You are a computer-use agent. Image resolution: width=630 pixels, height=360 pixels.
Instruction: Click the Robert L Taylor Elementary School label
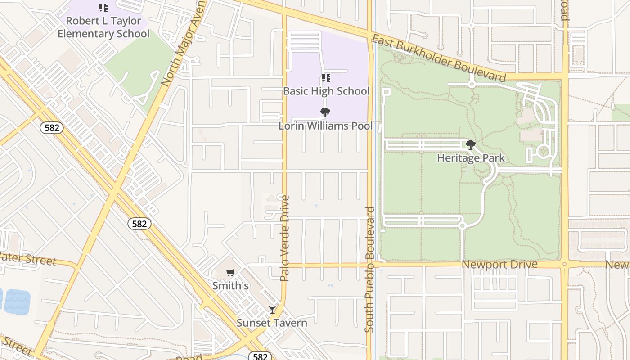103,27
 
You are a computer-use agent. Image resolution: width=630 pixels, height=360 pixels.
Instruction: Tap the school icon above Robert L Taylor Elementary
103,8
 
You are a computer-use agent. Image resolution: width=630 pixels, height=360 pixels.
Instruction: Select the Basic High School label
326,91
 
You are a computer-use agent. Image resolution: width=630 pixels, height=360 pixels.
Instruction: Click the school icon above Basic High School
326,78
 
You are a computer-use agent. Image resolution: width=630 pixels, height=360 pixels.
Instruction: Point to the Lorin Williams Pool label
325,126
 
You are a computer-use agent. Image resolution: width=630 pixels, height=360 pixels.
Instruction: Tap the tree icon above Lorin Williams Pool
325,112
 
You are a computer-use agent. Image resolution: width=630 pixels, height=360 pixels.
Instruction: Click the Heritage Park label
471,158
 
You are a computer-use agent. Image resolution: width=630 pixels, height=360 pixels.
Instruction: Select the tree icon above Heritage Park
471,145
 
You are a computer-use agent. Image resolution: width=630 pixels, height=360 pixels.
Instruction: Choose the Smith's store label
230,286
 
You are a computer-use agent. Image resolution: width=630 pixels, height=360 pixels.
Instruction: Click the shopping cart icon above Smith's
230,272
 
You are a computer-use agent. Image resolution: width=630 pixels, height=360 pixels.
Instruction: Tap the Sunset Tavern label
272,323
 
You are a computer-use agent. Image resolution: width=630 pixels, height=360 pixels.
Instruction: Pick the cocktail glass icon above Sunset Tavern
272,309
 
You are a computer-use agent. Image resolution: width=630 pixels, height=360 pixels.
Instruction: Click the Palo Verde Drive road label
284,238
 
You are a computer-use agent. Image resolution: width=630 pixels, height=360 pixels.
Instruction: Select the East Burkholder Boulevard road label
439,59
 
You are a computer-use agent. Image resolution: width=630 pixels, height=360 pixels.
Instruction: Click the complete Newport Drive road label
499,264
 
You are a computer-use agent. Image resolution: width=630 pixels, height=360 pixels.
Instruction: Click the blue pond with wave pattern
17,301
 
